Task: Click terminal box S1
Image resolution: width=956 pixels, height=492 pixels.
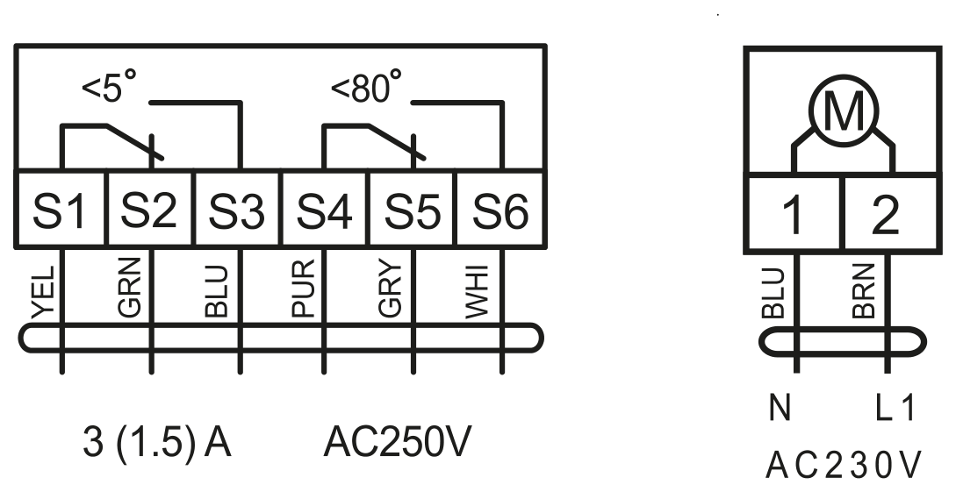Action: [61, 209]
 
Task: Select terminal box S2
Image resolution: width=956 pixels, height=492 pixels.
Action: [150, 209]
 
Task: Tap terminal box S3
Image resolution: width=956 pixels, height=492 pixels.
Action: [238, 209]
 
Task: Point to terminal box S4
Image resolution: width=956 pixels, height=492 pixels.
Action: [325, 209]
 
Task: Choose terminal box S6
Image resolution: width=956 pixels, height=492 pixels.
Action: [500, 209]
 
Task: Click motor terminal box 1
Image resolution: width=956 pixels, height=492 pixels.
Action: [794, 214]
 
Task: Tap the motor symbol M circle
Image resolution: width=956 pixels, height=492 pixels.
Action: [844, 111]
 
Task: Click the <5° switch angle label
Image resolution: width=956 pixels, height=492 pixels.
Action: [109, 86]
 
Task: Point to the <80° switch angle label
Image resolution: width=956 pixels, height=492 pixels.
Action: [366, 86]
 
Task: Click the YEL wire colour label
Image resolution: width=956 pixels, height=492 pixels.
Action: [43, 292]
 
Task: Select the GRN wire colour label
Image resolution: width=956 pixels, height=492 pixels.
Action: [130, 287]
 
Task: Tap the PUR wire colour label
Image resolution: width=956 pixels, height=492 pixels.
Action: [304, 288]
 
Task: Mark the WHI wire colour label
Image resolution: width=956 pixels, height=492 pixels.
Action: [478, 291]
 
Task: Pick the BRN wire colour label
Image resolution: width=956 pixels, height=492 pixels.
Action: [864, 291]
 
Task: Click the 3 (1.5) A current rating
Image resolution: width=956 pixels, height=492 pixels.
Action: [157, 443]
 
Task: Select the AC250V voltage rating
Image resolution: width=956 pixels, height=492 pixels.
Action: [398, 441]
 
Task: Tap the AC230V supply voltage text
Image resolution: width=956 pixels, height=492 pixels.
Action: [844, 466]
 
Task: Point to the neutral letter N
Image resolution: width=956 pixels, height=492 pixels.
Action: [780, 407]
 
